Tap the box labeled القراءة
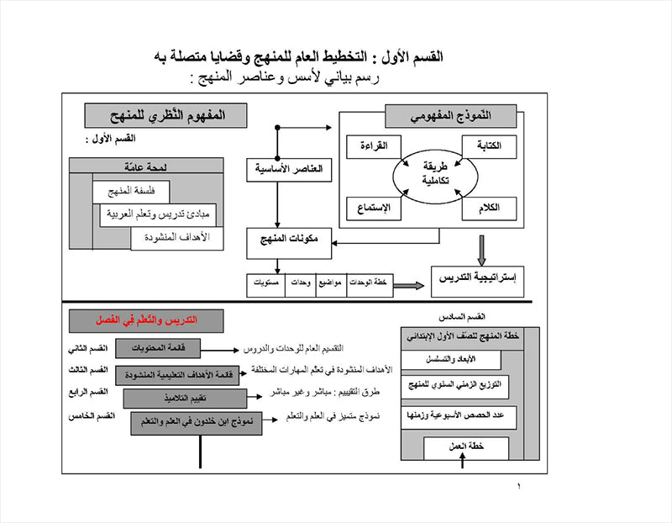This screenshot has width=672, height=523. click(x=373, y=145)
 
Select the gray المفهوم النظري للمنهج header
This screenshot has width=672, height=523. click(x=165, y=114)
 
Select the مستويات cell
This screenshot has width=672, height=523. click(x=266, y=283)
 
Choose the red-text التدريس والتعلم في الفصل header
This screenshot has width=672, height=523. click(x=145, y=320)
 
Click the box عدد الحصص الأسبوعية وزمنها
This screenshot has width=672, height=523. click(x=459, y=416)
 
